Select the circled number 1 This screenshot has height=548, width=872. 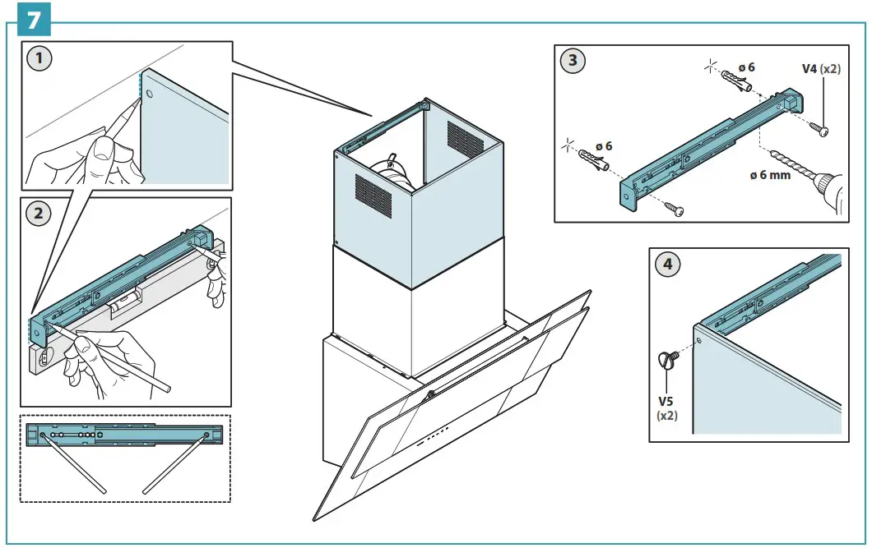[38, 59]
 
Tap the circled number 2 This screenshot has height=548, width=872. [38, 214]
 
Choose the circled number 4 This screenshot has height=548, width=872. [667, 265]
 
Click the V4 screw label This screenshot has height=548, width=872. [821, 69]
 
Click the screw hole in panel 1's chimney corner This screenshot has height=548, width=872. [150, 95]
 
